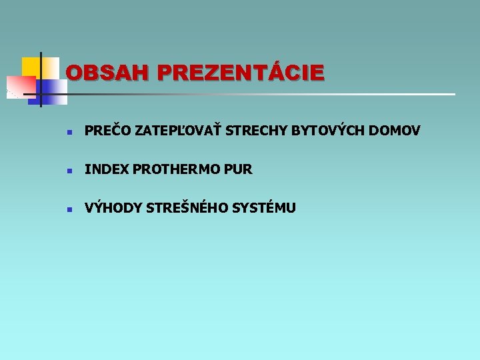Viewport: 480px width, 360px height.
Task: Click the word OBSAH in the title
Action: point(108,72)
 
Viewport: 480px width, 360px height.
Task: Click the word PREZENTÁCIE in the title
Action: point(241,72)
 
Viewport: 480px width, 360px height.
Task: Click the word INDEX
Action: point(107,169)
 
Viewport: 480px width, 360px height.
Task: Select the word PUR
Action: point(239,169)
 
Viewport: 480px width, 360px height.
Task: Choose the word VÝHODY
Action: point(113,208)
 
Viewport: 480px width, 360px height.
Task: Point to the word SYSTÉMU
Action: point(263,208)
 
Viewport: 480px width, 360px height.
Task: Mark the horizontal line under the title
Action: point(267,94)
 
